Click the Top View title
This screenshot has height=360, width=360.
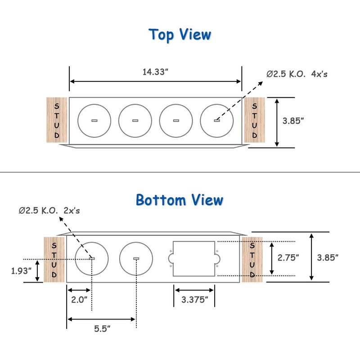(180, 35)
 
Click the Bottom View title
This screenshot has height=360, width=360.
(180, 199)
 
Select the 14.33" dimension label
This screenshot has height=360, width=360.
(156, 71)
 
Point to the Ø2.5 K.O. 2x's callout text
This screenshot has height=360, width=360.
(49, 211)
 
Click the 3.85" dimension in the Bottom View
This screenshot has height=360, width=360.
(328, 257)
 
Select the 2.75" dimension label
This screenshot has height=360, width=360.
(288, 257)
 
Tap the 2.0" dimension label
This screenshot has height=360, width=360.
(79, 299)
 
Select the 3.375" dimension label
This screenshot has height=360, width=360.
(194, 299)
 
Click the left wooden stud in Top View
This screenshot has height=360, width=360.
(57, 120)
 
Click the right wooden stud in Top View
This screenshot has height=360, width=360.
(254, 120)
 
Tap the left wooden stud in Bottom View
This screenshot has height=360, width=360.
(54, 259)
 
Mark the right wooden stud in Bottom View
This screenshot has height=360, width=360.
(252, 259)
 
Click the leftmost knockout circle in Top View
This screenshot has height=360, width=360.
(94, 121)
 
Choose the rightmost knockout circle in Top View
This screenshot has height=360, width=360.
(216, 121)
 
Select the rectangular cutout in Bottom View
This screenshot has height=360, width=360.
(193, 258)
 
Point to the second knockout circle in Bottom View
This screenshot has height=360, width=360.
(136, 259)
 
